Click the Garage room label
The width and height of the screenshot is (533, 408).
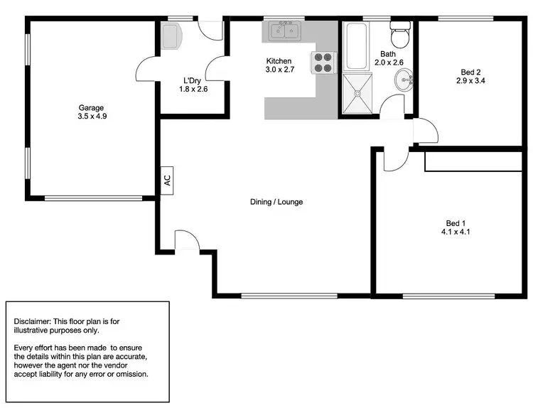(91, 108)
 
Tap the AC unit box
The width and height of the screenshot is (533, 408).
(168, 180)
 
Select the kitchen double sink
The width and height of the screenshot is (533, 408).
(284, 32)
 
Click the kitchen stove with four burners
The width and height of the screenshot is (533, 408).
(323, 63)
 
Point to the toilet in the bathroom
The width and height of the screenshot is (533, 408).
(399, 33)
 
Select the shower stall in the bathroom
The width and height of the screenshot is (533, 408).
(358, 94)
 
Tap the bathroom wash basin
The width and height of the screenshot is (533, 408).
(405, 80)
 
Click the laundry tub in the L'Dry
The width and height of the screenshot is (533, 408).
(172, 36)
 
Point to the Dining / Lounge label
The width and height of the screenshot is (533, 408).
(276, 202)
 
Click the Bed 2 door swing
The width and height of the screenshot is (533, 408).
(424, 131)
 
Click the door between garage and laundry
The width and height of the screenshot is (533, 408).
(147, 71)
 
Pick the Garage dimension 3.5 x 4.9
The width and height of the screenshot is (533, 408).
(91, 117)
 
